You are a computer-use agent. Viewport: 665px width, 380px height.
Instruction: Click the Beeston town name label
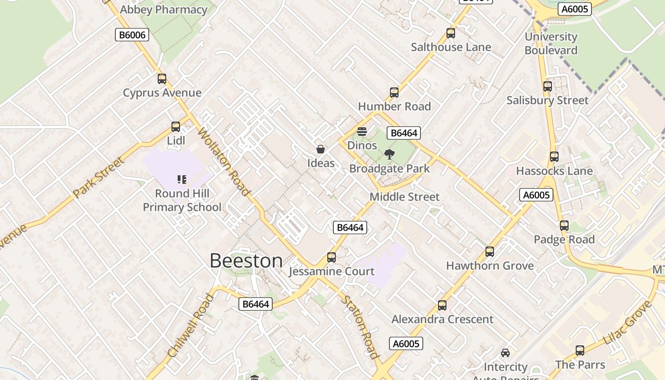(246, 261)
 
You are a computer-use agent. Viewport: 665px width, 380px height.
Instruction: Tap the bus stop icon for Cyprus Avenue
(162, 79)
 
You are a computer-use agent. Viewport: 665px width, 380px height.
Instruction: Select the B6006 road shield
(132, 35)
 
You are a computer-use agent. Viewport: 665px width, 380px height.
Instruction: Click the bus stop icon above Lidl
(176, 127)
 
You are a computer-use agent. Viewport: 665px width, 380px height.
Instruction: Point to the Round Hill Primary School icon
(182, 179)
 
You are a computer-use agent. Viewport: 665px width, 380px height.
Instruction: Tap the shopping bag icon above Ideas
(321, 149)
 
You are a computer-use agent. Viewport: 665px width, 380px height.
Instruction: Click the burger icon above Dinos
(362, 132)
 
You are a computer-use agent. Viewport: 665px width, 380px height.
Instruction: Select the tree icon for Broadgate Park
(389, 154)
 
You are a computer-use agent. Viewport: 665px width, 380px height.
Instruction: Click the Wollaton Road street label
(223, 161)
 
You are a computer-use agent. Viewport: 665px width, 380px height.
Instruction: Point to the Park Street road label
(99, 177)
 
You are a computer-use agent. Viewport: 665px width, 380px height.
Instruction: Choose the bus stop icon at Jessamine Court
(332, 257)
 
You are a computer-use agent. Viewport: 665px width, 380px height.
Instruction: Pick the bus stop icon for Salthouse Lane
(451, 33)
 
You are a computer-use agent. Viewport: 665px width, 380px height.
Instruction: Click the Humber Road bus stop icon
(394, 93)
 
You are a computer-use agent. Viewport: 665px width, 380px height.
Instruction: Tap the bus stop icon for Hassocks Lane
(554, 157)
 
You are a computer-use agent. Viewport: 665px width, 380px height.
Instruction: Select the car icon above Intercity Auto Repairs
(505, 353)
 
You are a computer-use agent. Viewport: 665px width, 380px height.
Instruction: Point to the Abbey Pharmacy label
(164, 9)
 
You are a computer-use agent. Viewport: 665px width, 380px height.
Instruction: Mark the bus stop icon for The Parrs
(580, 351)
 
